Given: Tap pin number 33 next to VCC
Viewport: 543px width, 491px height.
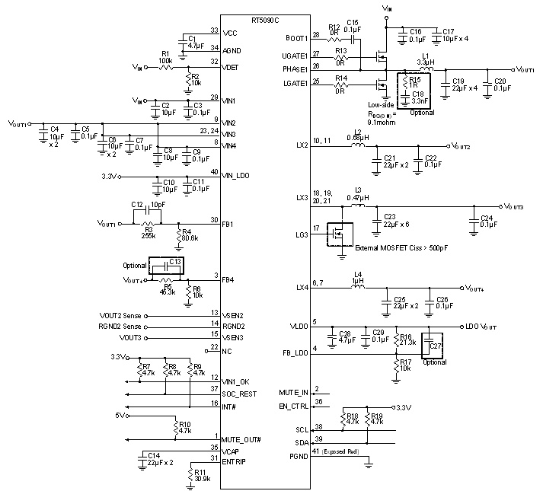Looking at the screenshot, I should (x=215, y=31).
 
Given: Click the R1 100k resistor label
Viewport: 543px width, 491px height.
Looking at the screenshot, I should (x=165, y=56).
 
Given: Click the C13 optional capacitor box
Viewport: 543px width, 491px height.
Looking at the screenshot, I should (x=167, y=266).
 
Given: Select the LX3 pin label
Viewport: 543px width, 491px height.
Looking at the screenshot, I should (x=302, y=198).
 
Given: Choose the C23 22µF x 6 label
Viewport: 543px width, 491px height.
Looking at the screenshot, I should (x=396, y=221).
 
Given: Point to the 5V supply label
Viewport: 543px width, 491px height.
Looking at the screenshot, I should (x=120, y=416).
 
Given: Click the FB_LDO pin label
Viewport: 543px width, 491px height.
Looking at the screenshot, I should (x=294, y=355).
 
